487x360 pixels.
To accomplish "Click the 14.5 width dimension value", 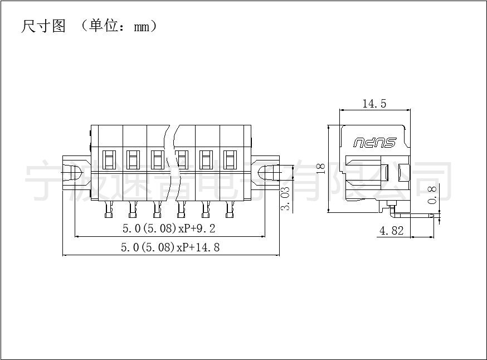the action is point(374,104).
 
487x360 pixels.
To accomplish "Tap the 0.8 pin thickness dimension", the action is point(432,194).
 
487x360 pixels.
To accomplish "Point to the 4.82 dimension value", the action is point(391,231).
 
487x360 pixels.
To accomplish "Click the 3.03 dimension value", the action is point(285,198).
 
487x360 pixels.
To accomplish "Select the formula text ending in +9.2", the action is point(169,228).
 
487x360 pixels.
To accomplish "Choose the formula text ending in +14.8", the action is point(170,247).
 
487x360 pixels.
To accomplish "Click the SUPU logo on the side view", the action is point(374,143).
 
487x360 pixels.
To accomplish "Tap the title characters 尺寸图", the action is point(43,26).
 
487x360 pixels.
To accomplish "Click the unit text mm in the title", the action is point(142,27).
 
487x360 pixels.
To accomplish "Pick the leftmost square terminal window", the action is point(109,159).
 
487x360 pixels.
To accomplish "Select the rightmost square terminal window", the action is point(230,159).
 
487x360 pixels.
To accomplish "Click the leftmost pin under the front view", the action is point(109,209).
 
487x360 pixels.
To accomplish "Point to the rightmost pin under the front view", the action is point(230,209).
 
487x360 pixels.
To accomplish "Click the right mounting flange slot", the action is point(270,172).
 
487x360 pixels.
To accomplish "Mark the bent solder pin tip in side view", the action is point(434,215).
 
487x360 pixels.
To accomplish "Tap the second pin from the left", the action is point(133,209).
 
